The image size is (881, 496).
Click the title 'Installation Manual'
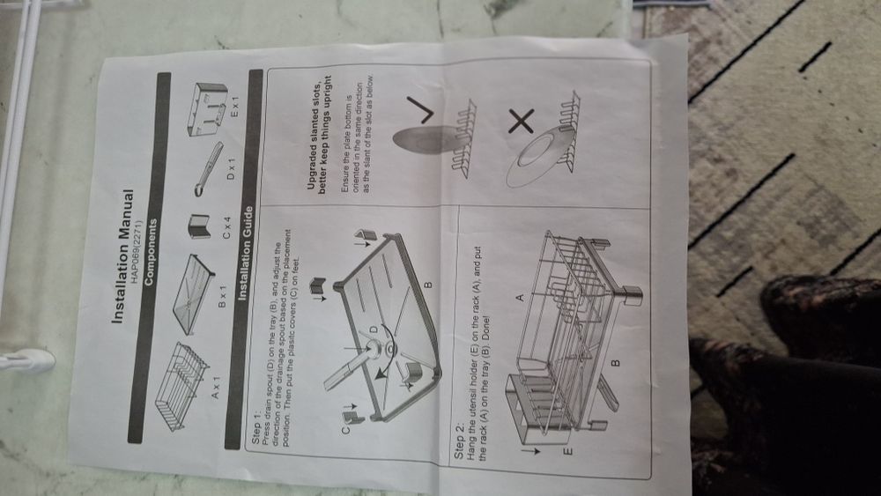(x=122, y=256)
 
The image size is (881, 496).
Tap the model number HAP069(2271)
(x=139, y=251)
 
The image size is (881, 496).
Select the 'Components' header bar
(x=150, y=258)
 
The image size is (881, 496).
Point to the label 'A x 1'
(x=217, y=388)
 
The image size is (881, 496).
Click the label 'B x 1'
(x=222, y=296)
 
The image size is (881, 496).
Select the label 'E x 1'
(x=236, y=106)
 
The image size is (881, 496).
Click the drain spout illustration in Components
(x=209, y=168)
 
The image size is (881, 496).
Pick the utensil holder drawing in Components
(x=207, y=109)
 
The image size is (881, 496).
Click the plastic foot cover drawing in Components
(x=199, y=226)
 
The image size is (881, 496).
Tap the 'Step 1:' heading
(x=256, y=431)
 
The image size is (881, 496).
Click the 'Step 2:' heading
(x=460, y=442)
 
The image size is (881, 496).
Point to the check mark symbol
(x=419, y=109)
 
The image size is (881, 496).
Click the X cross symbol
(x=522, y=122)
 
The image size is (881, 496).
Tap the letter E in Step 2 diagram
(x=568, y=450)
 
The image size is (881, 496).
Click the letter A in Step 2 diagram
(x=519, y=297)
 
